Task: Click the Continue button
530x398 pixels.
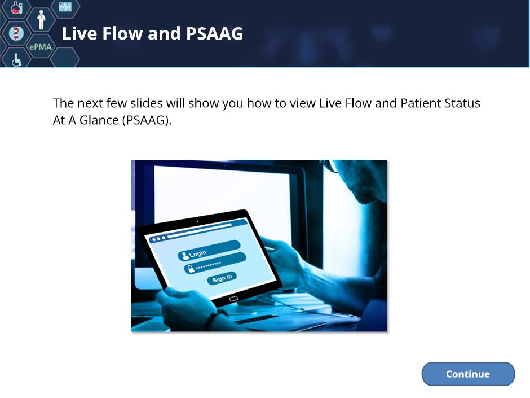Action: [x=468, y=374]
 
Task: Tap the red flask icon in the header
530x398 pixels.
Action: [x=16, y=7]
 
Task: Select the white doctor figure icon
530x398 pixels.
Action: [x=41, y=20]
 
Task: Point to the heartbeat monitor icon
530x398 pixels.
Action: [x=65, y=6]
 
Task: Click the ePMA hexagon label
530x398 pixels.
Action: [x=41, y=47]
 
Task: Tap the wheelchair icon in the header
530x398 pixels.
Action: [x=16, y=60]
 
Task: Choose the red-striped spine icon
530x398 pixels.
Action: [x=16, y=33]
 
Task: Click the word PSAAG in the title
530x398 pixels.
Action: [x=214, y=33]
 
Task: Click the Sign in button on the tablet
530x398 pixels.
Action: [x=222, y=278]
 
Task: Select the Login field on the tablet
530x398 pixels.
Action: [x=209, y=250]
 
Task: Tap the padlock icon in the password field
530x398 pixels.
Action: [x=191, y=269]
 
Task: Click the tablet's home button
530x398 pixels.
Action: [x=233, y=299]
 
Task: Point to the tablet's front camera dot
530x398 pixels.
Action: [x=197, y=221]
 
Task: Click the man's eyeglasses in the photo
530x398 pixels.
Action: [x=330, y=165]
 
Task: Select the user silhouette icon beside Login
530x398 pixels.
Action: [x=185, y=256]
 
